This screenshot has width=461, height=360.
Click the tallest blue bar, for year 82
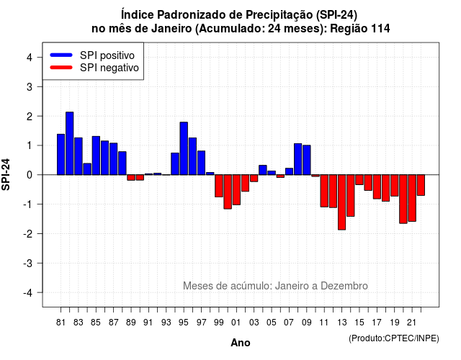[70, 143]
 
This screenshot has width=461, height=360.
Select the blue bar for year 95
[184, 148]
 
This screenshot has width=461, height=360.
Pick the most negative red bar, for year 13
[341, 202]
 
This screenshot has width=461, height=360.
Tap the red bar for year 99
[219, 186]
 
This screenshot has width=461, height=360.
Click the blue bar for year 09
[307, 160]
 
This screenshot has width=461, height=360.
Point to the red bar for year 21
[412, 198]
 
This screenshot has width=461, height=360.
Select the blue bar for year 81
[61, 155]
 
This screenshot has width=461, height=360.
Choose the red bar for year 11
[324, 191]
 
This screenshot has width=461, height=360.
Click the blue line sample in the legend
[61, 55]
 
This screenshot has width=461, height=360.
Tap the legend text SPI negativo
[109, 68]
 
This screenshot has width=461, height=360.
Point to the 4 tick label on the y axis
[30, 58]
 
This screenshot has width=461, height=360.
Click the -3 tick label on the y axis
[28, 264]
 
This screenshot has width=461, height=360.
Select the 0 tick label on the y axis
[30, 175]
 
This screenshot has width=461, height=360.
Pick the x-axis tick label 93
[166, 323]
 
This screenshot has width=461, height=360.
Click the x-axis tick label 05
[272, 323]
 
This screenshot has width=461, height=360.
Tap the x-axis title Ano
[241, 343]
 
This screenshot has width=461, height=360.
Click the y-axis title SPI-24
[6, 174]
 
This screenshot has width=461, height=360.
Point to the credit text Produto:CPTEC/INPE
[394, 338]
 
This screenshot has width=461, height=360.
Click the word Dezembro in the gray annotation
[344, 286]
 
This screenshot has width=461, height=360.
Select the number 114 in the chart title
[381, 29]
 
